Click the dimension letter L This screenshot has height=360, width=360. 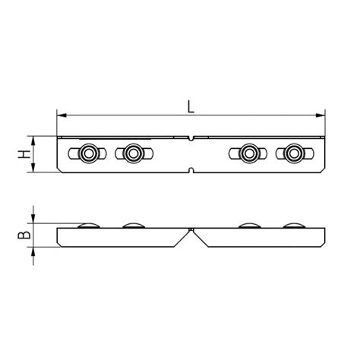point(191,106)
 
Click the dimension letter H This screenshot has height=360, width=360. point(24,154)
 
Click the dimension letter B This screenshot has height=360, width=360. point(24,235)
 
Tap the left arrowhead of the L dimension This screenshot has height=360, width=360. point(62,115)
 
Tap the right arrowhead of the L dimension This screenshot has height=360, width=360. point(321,115)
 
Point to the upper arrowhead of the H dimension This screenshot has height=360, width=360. point(33,141)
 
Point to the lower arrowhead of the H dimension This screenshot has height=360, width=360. point(33,168)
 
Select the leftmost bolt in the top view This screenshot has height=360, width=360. point(88,153)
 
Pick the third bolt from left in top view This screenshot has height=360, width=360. point(249,153)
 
